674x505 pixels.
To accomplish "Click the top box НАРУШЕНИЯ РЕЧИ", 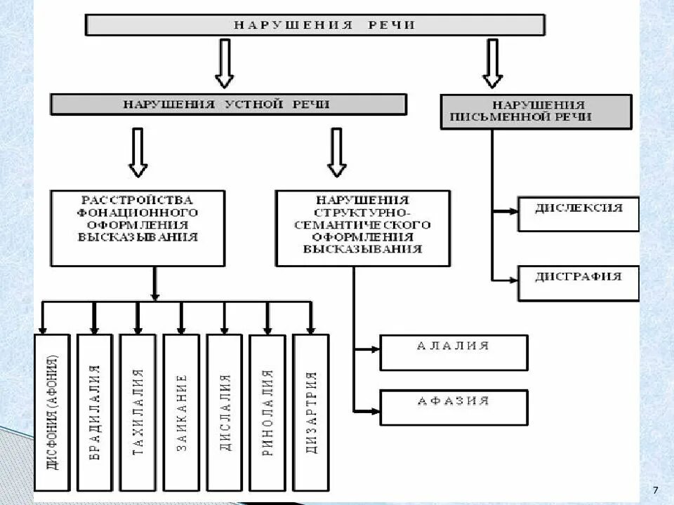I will [315, 25].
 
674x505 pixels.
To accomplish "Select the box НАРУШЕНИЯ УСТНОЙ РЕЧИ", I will [228, 105].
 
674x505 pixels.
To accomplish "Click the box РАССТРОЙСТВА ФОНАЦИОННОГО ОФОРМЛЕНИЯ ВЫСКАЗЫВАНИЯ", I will [138, 227].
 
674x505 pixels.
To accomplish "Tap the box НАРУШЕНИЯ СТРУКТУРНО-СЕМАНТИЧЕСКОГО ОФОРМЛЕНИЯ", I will [362, 227].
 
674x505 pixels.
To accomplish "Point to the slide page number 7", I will [655, 489].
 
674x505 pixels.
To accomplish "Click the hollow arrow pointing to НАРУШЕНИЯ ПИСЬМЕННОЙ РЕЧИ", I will [492, 62].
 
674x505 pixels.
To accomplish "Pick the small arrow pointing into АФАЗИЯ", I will [367, 409].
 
